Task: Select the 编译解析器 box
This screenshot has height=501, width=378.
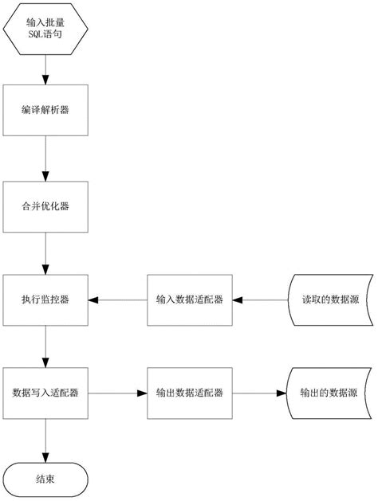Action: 45,110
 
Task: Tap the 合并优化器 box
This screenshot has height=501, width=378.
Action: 45,205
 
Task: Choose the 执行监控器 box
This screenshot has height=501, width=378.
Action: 45,300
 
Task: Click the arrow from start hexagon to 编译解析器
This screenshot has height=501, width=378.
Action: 45,70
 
